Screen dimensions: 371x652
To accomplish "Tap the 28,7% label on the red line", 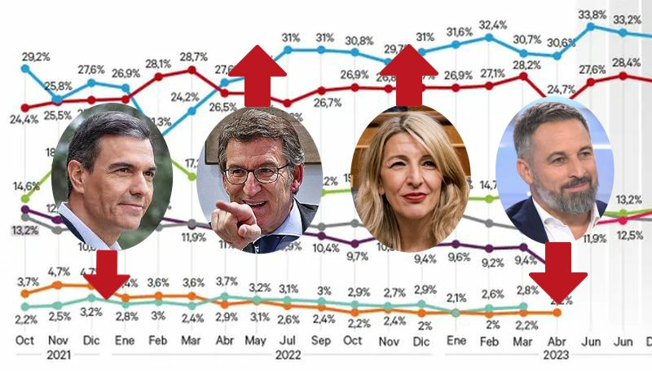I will click(x=192, y=55).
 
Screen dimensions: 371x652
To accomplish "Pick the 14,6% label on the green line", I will click(x=24, y=186).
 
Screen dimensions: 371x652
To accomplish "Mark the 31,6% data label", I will click(x=460, y=31).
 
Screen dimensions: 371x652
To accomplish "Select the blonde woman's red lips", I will click(x=414, y=197).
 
